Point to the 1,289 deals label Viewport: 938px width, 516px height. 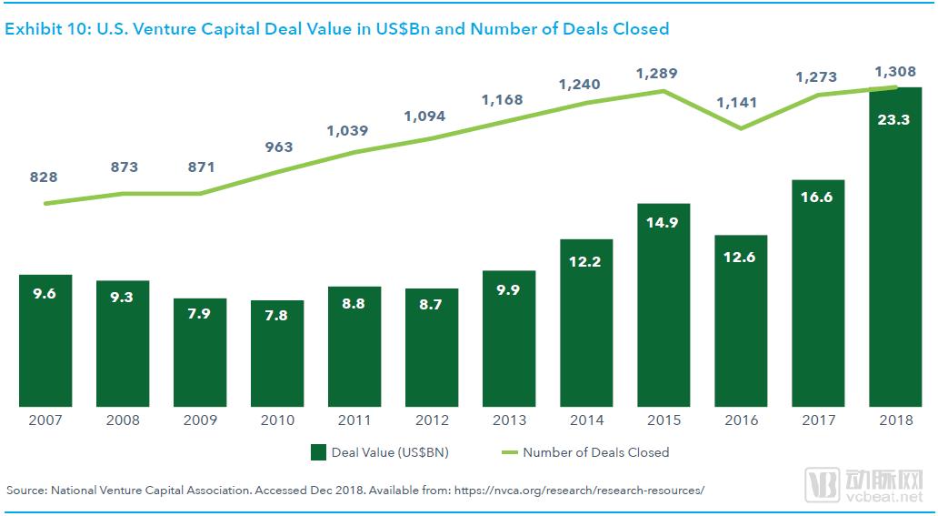[657, 73]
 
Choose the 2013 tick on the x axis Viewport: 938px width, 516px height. [509, 420]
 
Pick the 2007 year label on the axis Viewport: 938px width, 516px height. [45, 420]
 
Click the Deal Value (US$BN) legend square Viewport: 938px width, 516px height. [318, 452]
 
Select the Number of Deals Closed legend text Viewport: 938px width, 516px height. [595, 452]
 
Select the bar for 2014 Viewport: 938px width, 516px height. [586, 323]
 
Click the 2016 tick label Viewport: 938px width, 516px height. [741, 420]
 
